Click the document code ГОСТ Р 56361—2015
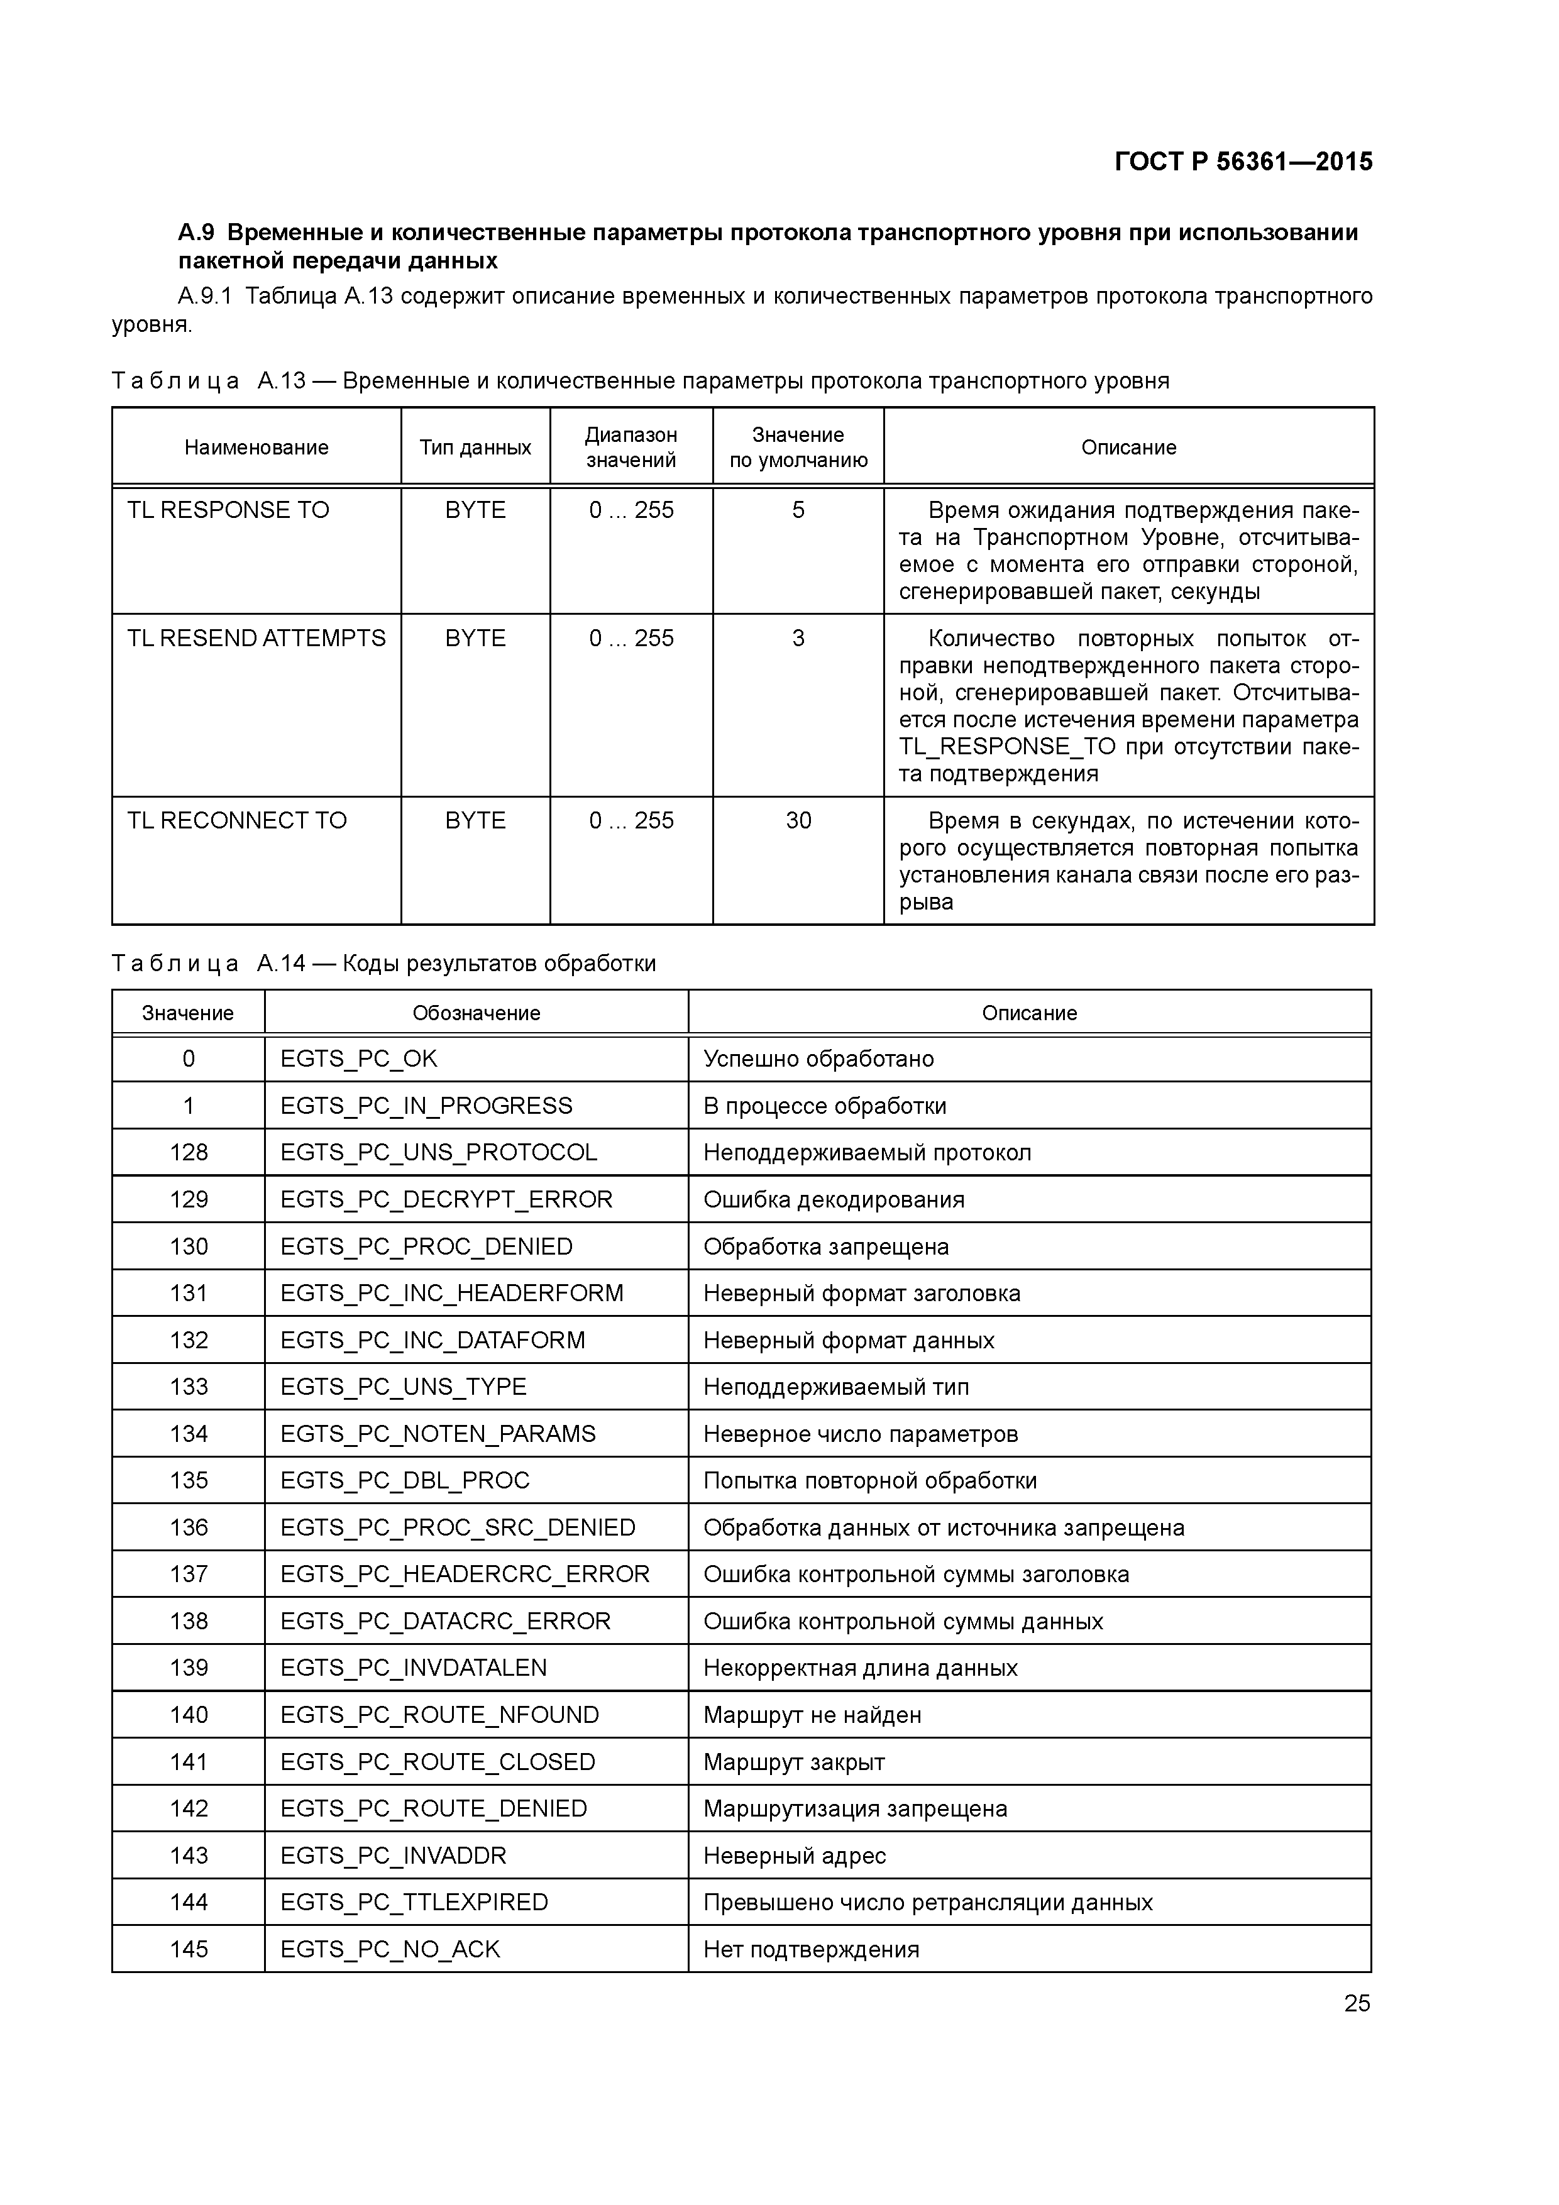[x=1243, y=162]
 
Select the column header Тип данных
[x=475, y=448]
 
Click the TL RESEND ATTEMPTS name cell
[x=256, y=639]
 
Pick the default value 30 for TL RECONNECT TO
[x=798, y=821]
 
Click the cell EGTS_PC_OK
[x=358, y=1059]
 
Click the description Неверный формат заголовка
[x=862, y=1294]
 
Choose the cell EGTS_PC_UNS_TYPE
[x=404, y=1387]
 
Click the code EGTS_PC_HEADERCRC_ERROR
[x=465, y=1574]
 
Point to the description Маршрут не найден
[x=812, y=1715]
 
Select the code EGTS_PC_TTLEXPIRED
[x=414, y=1903]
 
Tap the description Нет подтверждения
[x=811, y=1950]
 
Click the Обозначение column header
[x=477, y=1013]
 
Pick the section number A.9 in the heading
[x=196, y=233]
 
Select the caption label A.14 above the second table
[x=280, y=963]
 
